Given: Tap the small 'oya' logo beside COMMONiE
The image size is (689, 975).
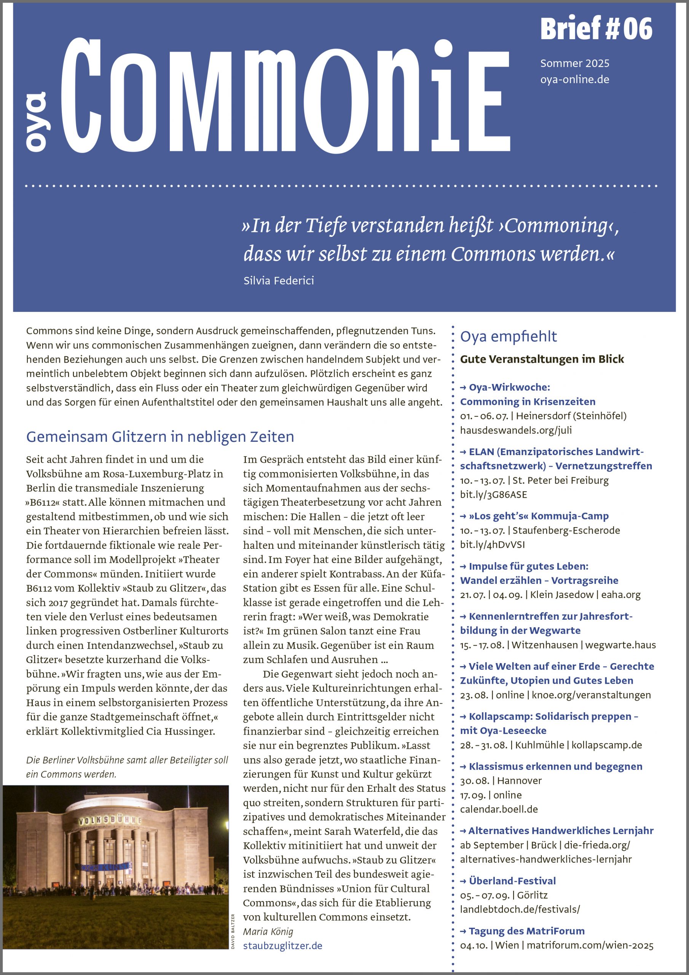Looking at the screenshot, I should tap(37, 121).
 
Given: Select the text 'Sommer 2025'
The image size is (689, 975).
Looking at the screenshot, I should tap(574, 63).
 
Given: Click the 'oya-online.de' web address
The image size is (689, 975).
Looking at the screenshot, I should tap(574, 80).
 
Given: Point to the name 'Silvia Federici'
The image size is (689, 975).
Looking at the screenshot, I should tap(279, 280).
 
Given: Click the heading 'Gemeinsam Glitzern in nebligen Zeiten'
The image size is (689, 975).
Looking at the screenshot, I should tap(160, 436).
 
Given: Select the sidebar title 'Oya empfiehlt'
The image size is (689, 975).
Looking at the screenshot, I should tap(508, 336).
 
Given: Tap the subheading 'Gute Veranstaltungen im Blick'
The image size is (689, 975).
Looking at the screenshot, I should tap(542, 359).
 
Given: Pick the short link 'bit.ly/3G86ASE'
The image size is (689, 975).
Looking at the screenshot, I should tap(493, 494).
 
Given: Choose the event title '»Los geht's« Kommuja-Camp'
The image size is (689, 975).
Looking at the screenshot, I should tap(538, 516).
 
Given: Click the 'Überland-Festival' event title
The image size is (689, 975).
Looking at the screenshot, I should tap(512, 881).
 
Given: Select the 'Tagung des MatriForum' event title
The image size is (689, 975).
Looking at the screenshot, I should tap(526, 931).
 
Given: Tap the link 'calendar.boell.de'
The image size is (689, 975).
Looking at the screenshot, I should tap(499, 809).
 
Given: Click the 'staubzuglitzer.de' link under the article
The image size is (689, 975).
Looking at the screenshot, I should tap(282, 946).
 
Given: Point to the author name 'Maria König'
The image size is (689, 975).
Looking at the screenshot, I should tap(268, 931).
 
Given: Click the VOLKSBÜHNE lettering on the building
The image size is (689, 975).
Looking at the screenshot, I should tap(110, 819).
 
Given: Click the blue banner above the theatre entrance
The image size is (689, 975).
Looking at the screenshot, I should tap(104, 867).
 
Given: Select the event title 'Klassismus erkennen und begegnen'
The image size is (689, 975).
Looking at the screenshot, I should tap(555, 767).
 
